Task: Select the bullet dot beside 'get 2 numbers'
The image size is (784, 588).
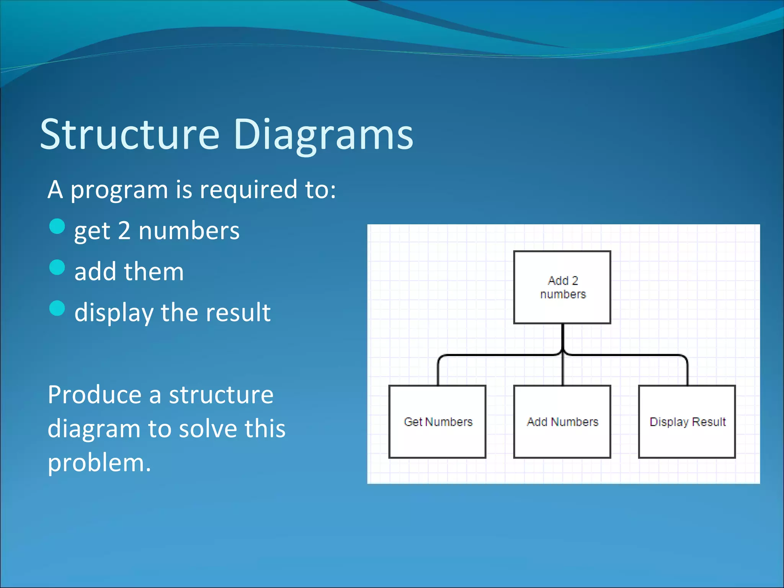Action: click(x=57, y=226)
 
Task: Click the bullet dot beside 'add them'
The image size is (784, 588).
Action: click(x=57, y=267)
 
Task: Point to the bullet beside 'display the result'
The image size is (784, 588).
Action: click(x=57, y=308)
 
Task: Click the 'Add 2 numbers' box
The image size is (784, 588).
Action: click(x=562, y=287)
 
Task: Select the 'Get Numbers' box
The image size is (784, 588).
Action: click(x=437, y=421)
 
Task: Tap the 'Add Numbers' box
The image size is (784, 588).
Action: click(x=562, y=421)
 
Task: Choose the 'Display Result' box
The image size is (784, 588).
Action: click(x=687, y=421)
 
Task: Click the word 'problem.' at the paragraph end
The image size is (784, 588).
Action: click(x=99, y=463)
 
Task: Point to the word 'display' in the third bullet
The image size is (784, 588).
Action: click(x=114, y=313)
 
